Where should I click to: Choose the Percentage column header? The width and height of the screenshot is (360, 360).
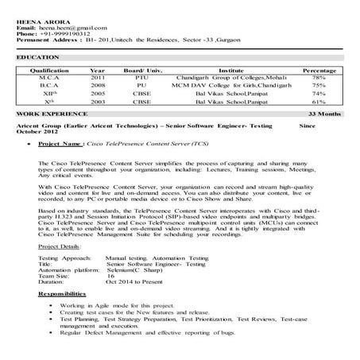[319, 71]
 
